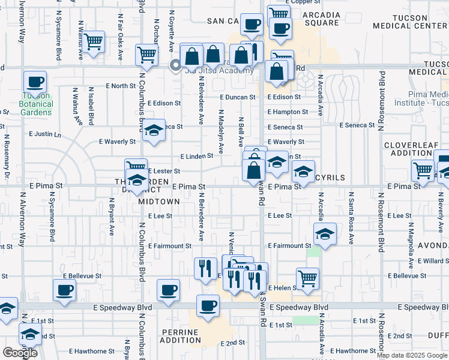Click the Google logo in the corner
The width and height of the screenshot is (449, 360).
[x=20, y=352]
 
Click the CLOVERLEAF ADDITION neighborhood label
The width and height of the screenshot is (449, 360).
[x=412, y=150]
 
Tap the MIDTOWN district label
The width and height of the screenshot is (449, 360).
[x=159, y=202]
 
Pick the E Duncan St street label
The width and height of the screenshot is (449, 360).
[x=238, y=97]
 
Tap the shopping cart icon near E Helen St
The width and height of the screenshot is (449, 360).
[x=307, y=278]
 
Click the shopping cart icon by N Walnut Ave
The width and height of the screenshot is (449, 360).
[x=93, y=42]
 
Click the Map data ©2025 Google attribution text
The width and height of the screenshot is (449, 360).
[x=412, y=355]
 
